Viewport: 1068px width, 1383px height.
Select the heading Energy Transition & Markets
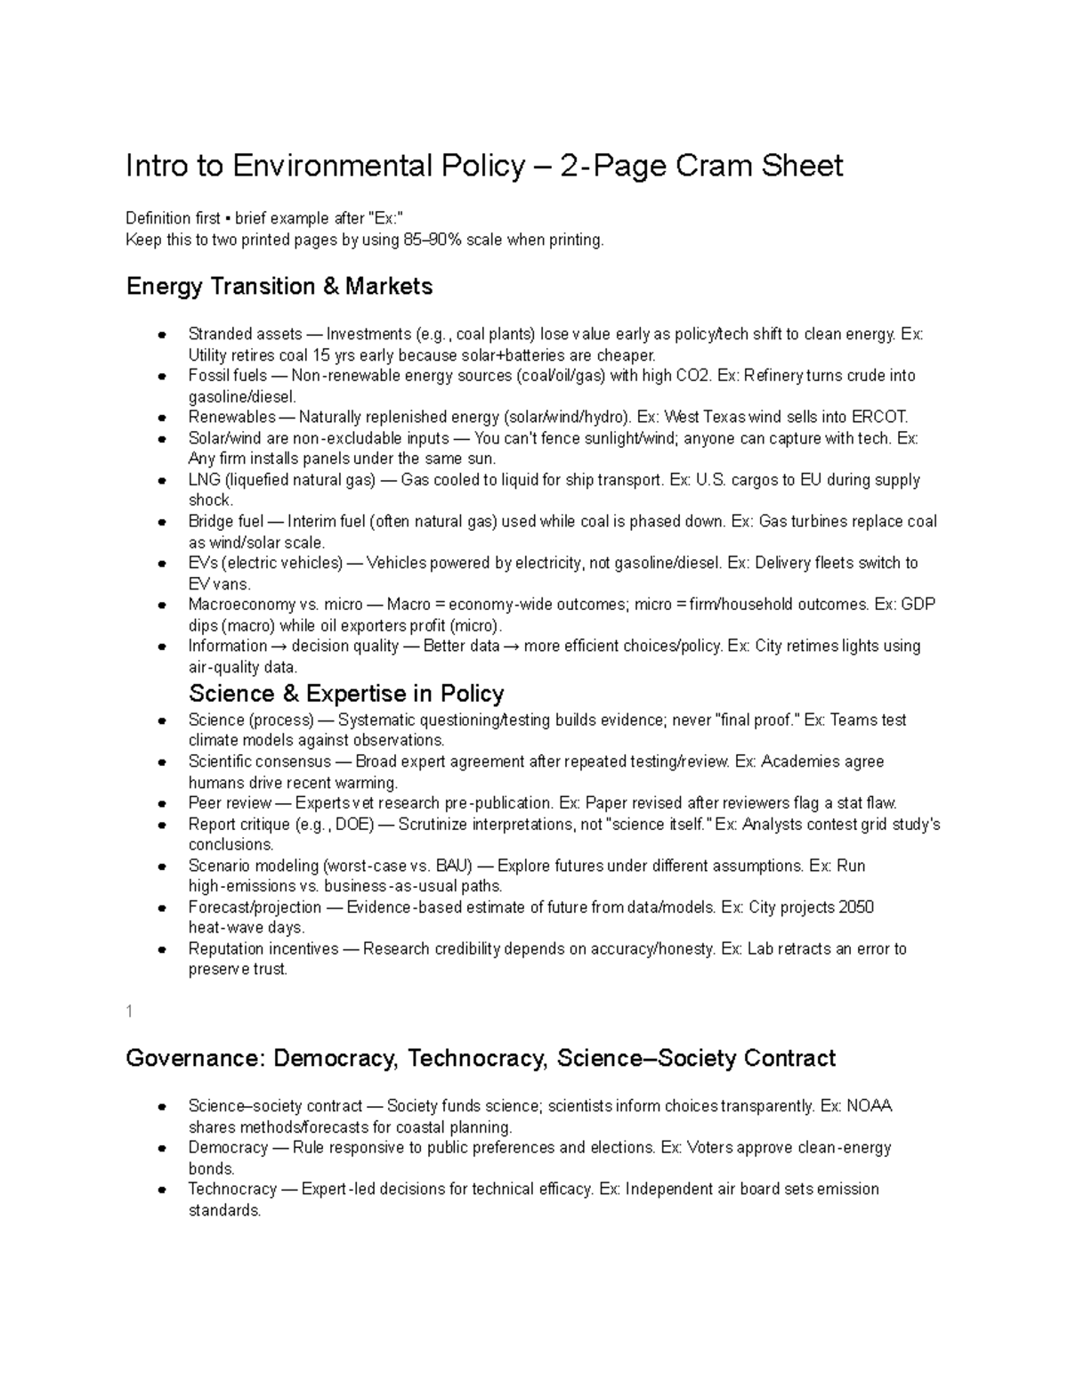tap(279, 287)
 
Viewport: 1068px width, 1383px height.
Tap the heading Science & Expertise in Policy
tap(346, 694)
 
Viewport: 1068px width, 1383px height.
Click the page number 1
tap(130, 1011)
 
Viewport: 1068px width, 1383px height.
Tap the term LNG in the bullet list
tap(204, 480)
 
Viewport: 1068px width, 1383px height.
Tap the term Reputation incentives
tap(263, 949)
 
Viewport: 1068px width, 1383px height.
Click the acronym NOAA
tap(869, 1107)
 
